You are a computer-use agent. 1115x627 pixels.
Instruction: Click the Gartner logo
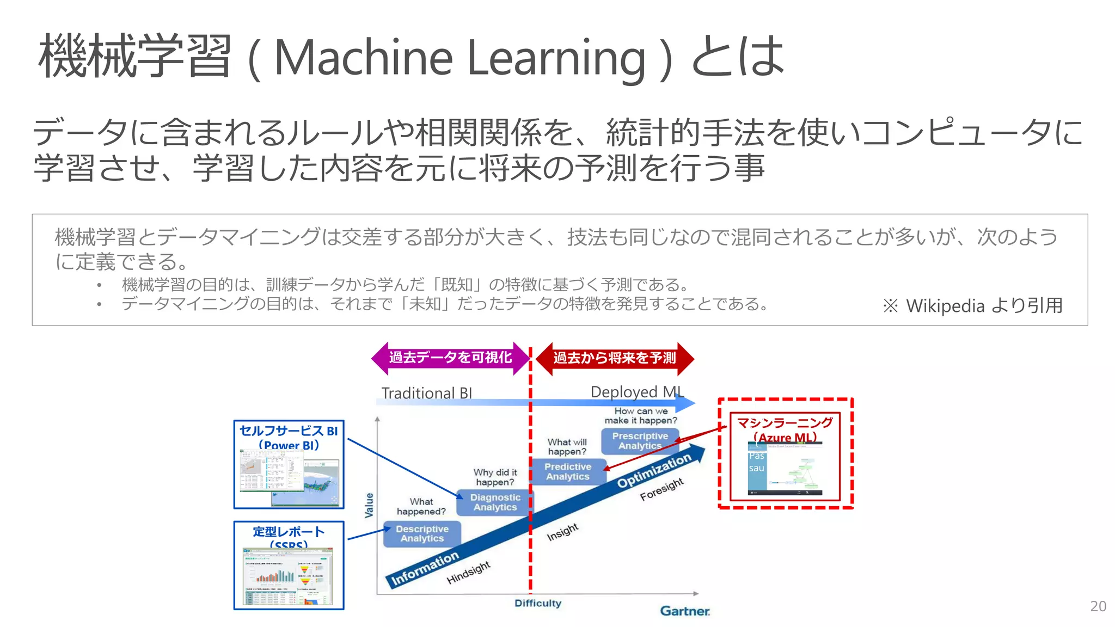(684, 611)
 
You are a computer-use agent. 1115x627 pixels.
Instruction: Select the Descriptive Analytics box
(422, 533)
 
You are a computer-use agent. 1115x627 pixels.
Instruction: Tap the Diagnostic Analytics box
(494, 502)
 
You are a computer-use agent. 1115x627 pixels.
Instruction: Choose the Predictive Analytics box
(568, 471)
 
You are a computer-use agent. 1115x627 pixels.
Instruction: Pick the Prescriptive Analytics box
(640, 441)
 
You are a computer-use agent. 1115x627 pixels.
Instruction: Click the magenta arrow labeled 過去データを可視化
(450, 358)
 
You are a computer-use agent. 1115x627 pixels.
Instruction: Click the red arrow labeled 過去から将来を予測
(615, 358)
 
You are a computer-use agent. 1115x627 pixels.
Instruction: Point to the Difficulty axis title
(537, 603)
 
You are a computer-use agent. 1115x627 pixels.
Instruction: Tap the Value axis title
(370, 505)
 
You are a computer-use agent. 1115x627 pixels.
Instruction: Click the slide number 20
(1098, 606)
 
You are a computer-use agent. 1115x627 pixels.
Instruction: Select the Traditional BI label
(426, 393)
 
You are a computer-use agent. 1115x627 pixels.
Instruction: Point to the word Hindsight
(468, 573)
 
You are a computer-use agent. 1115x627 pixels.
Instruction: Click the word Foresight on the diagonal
(661, 489)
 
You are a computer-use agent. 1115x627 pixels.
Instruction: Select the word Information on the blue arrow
(425, 568)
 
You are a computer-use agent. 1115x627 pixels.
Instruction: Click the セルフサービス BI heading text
(289, 431)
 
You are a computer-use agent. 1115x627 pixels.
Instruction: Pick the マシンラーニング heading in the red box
(785, 423)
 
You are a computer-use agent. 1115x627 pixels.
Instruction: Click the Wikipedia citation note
(972, 306)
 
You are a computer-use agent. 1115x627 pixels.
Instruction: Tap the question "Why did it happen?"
(495, 477)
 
